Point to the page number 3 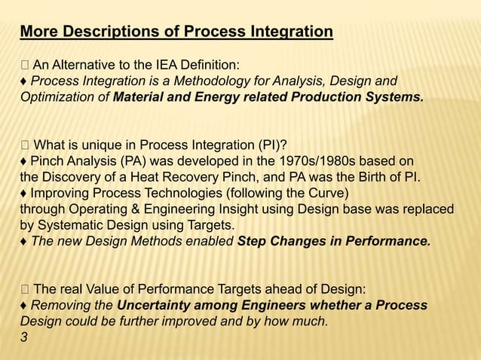pos(23,337)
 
